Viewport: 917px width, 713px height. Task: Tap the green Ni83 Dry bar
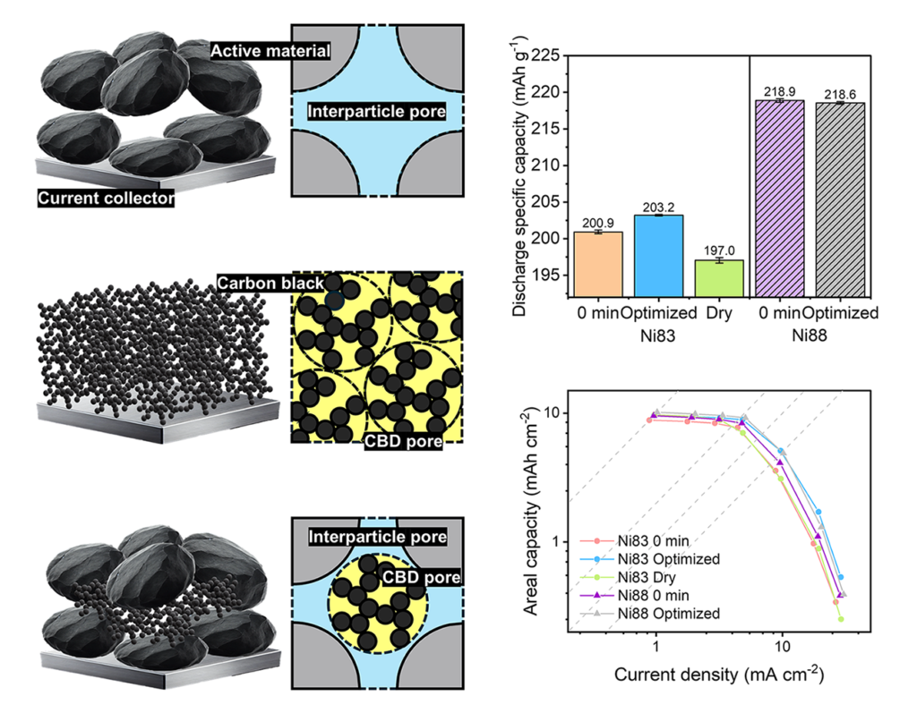719,277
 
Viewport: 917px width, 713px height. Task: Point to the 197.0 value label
719,251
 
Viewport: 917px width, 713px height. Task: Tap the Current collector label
106,198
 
